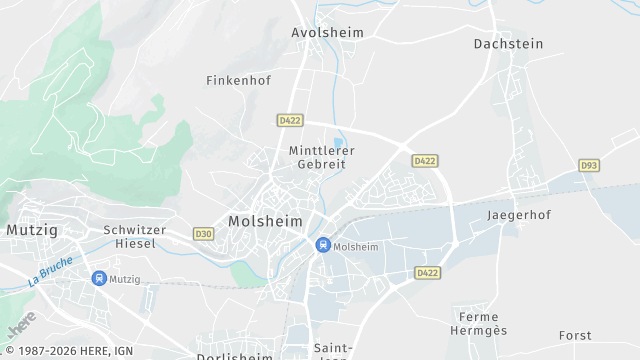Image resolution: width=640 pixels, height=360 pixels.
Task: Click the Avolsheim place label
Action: coord(327,32)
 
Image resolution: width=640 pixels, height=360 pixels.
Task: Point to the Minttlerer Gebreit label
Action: coord(321,157)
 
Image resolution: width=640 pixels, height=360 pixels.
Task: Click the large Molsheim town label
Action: coord(265,221)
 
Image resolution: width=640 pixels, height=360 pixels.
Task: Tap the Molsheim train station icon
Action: coord(323,245)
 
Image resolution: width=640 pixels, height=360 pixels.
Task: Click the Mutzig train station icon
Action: coord(98,279)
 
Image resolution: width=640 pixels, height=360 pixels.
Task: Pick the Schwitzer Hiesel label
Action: coord(134,236)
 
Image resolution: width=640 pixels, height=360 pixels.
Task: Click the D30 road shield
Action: coord(204,234)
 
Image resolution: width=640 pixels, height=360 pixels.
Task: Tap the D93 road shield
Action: coord(589,165)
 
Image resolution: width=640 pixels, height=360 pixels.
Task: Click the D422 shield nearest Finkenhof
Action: coord(290,120)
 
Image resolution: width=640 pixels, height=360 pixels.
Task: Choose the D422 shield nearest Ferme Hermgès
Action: coord(428,272)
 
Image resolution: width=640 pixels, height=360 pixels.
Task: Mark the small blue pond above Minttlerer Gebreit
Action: coord(338,141)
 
